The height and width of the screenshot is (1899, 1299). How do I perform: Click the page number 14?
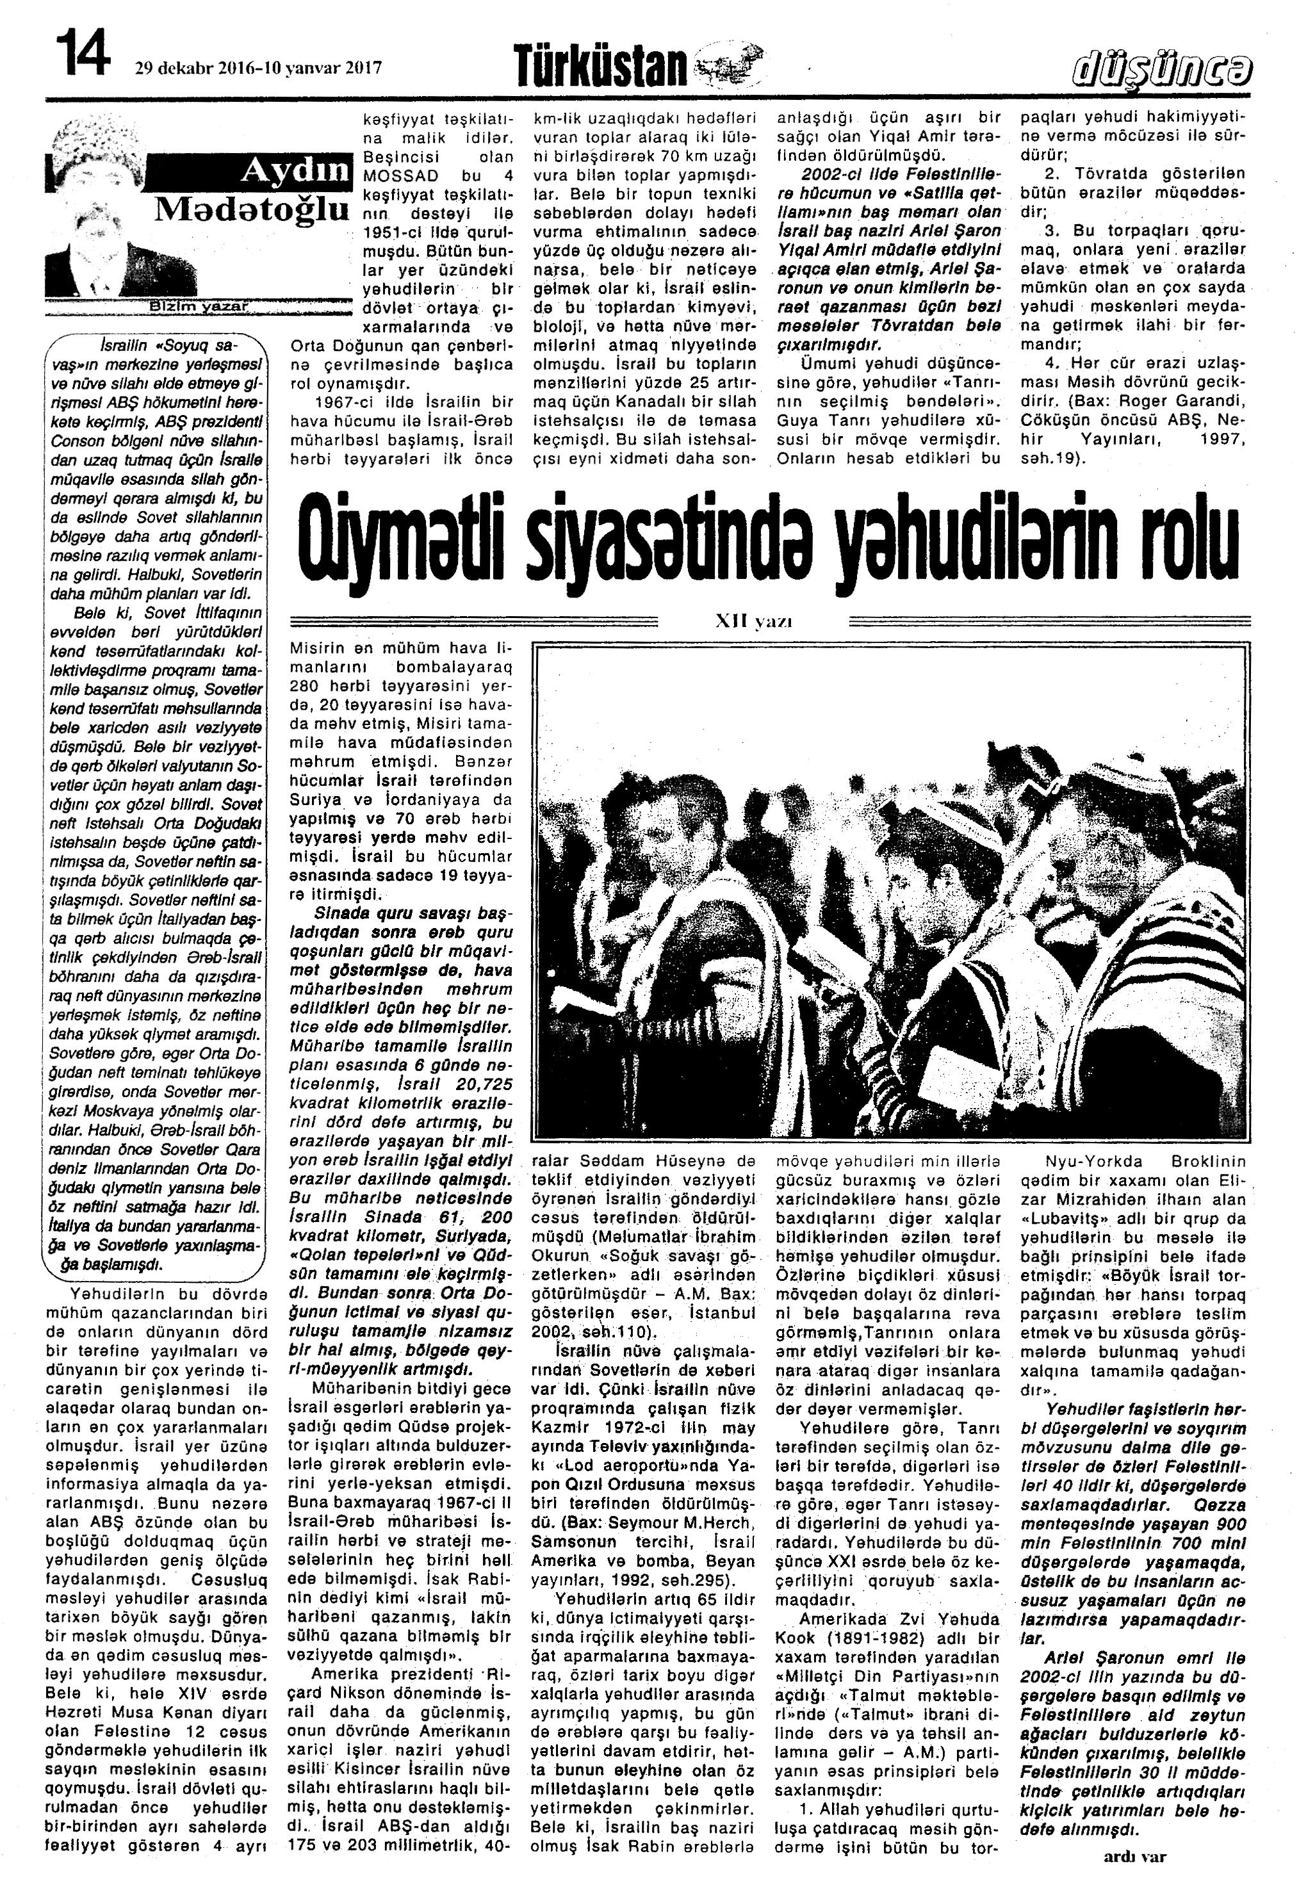[x=83, y=51]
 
